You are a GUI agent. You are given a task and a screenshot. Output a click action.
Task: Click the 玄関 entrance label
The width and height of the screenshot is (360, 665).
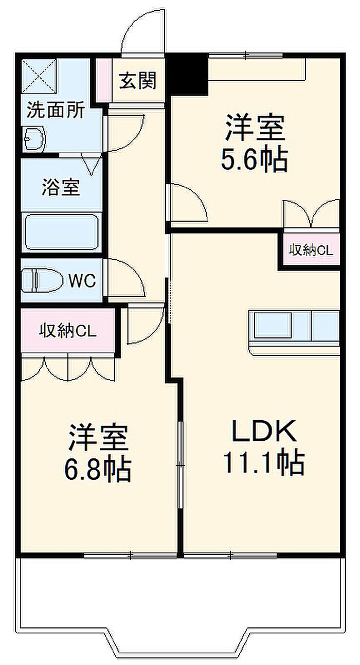pos(138,80)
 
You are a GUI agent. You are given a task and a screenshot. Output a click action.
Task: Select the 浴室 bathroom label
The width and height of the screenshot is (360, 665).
pos(61,187)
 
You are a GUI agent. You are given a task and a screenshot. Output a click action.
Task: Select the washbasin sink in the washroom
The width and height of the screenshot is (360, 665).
pos(35,138)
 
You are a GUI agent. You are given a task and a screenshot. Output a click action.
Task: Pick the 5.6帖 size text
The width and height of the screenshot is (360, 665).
pos(254,161)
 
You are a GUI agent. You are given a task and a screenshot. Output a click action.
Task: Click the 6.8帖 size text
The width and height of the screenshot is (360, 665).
pos(98,469)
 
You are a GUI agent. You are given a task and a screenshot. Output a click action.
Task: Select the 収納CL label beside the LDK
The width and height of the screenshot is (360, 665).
pos(311,250)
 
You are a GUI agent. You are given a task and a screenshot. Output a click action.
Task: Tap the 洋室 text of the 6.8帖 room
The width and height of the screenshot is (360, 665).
pos(98,437)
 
